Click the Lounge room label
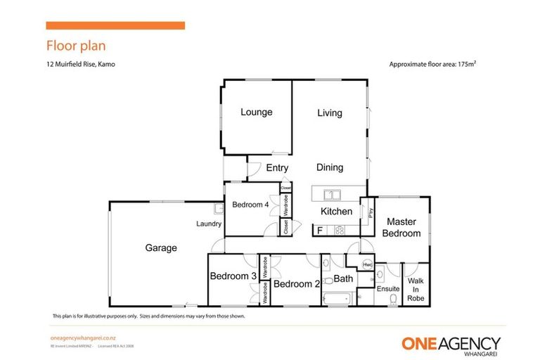(256, 112)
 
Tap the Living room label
(329, 112)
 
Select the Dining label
(329, 167)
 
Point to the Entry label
(277, 167)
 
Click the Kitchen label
(336, 212)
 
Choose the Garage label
(161, 247)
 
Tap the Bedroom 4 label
(250, 205)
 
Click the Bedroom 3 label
(233, 276)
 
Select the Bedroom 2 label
(297, 284)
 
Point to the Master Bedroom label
(402, 228)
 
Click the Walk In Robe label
(416, 288)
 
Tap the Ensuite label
(388, 288)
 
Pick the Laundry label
(210, 224)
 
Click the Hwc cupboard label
(366, 264)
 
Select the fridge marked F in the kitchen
(320, 230)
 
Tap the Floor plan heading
(76, 46)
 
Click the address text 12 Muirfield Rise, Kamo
(80, 64)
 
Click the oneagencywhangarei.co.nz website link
(83, 338)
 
